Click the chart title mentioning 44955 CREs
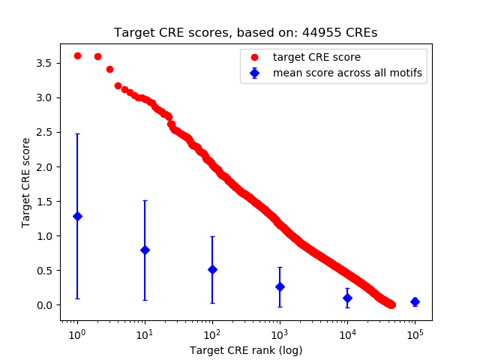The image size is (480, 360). click(245, 33)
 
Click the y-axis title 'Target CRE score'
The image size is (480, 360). click(25, 182)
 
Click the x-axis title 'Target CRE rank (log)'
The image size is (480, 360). click(245, 350)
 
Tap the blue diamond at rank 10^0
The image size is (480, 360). click(77, 216)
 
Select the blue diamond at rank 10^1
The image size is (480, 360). click(145, 250)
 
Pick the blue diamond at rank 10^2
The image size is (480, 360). click(212, 269)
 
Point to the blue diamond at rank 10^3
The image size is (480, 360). click(280, 286)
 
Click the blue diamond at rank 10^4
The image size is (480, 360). click(347, 298)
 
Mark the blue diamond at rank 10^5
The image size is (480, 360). click(415, 301)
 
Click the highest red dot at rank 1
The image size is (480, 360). click(77, 55)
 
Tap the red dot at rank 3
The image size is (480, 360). click(109, 69)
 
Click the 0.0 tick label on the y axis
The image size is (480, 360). click(46, 305)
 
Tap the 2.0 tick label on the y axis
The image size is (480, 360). click(46, 166)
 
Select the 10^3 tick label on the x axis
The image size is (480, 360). click(280, 334)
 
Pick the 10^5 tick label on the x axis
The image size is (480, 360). click(415, 334)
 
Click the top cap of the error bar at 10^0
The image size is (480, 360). click(77, 133)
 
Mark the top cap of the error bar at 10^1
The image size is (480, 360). click(145, 200)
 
